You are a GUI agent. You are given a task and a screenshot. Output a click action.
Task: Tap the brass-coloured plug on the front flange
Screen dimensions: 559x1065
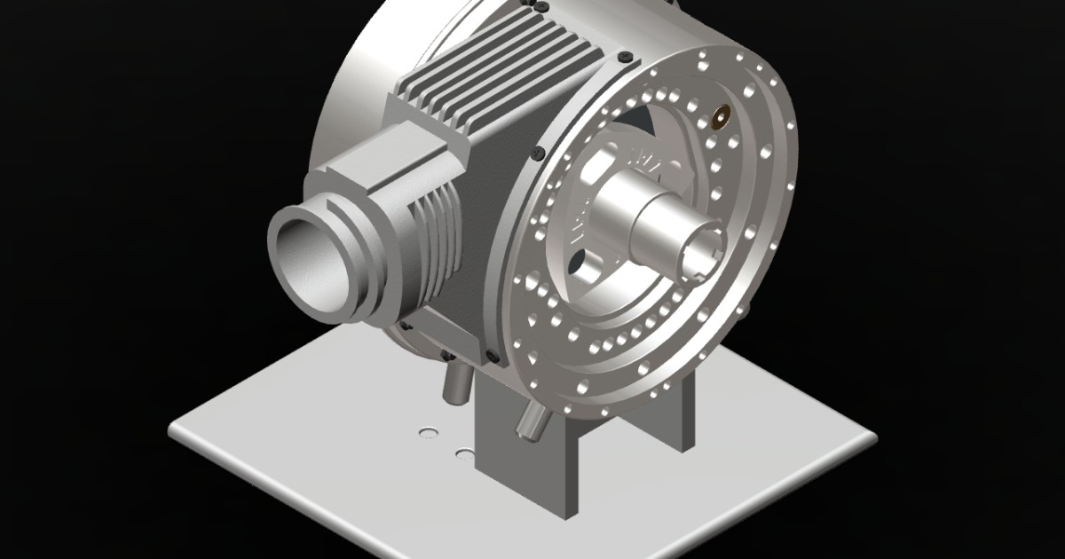(x=720, y=116)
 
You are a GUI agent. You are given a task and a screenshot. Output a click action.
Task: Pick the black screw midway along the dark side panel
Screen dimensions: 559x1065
(x=538, y=155)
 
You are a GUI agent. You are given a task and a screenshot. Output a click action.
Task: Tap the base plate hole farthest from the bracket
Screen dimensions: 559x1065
(x=429, y=433)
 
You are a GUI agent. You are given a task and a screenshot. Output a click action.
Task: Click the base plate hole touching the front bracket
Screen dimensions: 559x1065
(x=464, y=454)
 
